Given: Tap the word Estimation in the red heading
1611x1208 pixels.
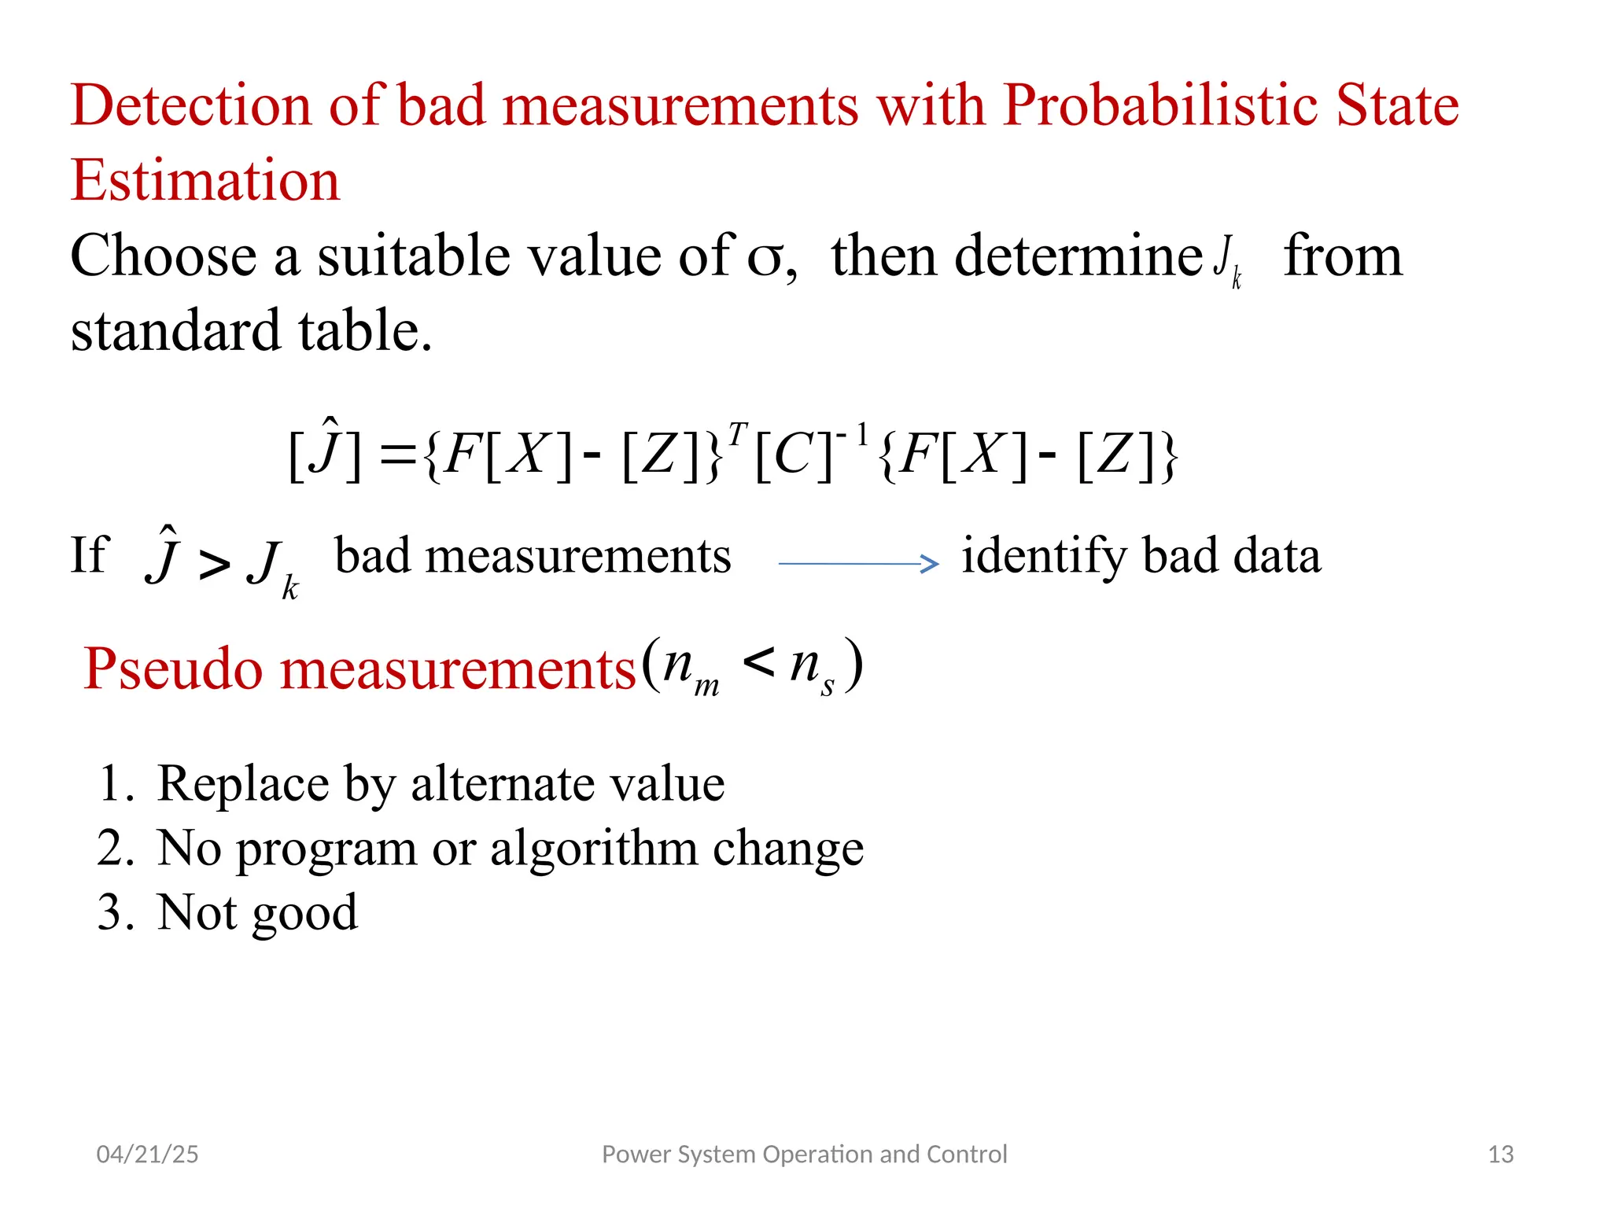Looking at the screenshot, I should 205,181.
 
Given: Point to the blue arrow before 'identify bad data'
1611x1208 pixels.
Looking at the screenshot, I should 857,563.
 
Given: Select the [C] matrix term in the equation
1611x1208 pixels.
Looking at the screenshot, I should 792,456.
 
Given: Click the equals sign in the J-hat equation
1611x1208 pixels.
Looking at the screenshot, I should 397,456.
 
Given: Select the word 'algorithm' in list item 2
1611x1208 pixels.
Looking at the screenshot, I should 595,849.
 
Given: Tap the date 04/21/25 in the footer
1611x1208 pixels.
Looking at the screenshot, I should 147,1155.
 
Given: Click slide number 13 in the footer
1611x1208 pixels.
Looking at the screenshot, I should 1500,1155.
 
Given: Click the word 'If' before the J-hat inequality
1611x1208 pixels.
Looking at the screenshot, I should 88,555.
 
